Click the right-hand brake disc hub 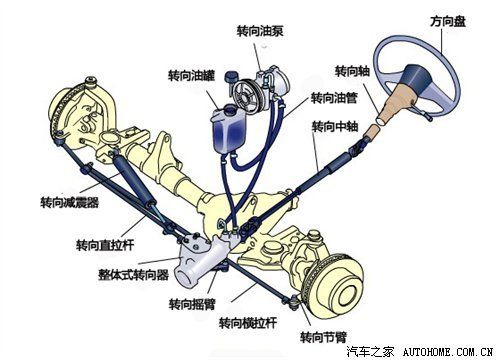(x=352, y=294)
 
